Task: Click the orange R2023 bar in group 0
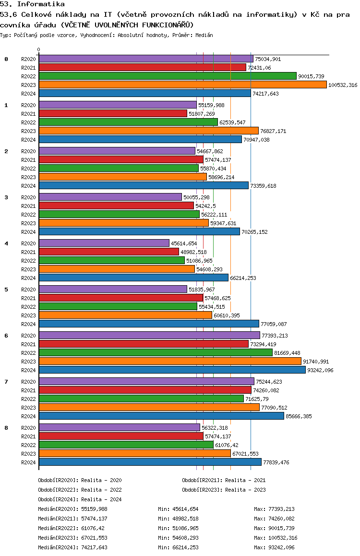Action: (183, 85)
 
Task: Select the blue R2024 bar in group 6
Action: (172, 370)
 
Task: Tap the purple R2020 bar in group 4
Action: (104, 243)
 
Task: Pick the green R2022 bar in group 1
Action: (128, 122)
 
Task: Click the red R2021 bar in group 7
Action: (145, 390)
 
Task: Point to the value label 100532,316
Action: (343, 85)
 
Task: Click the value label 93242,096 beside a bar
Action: (320, 370)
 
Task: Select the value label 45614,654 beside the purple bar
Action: (184, 243)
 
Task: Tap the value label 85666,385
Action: (299, 416)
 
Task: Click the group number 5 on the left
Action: (6, 290)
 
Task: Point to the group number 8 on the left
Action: (6, 428)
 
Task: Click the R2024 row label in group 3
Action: (28, 232)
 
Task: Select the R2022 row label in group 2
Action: (28, 169)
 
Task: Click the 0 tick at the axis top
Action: (38, 49)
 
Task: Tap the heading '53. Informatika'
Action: (32, 4)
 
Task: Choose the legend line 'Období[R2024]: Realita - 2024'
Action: (80, 499)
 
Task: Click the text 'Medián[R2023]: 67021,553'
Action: (72, 538)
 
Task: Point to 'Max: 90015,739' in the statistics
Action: (274, 528)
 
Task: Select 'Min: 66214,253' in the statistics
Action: (178, 547)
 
